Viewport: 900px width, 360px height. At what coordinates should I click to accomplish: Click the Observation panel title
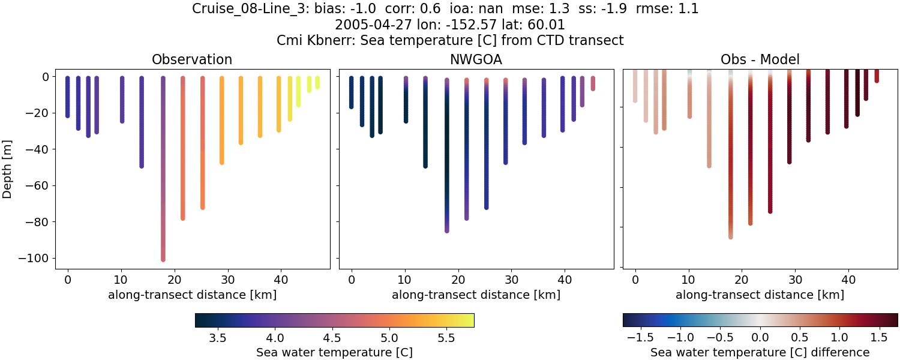[192, 59]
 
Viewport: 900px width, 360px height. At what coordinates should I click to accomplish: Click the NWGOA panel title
[476, 59]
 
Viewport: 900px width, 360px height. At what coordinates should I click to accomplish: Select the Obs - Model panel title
[760, 59]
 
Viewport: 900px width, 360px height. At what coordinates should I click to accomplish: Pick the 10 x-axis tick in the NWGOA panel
[405, 279]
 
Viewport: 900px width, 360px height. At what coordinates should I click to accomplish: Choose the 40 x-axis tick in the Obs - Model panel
[848, 279]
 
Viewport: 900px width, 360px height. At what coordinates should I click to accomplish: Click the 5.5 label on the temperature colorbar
[445, 338]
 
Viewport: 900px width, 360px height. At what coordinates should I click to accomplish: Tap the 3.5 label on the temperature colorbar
[217, 338]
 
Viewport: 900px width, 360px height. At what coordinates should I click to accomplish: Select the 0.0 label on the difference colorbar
[760, 338]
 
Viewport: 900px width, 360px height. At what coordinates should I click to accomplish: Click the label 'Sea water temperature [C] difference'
[760, 352]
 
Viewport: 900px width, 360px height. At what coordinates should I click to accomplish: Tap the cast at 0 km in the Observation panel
[67, 97]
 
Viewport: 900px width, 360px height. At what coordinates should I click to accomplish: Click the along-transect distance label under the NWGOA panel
[476, 295]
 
